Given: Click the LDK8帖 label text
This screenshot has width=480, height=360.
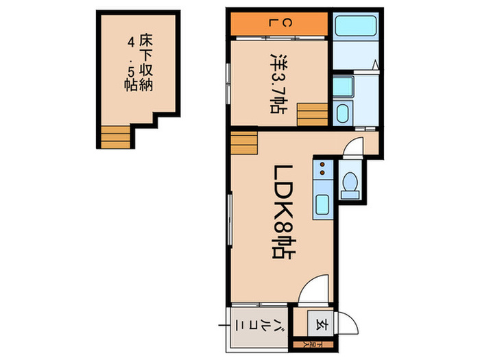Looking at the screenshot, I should pyautogui.click(x=281, y=216).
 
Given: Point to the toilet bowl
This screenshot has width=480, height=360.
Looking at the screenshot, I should pyautogui.click(x=351, y=184).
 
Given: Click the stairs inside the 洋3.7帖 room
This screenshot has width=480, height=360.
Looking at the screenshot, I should pyautogui.click(x=312, y=114).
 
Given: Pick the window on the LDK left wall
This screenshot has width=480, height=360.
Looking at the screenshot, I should pyautogui.click(x=230, y=216).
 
